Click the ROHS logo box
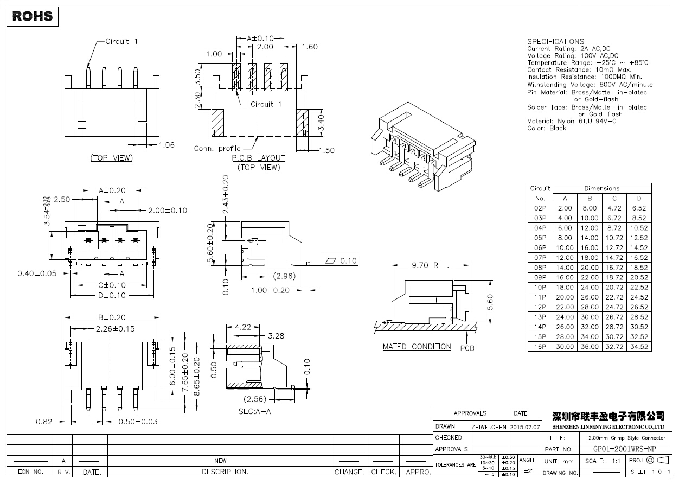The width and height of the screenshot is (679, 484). point(33,16)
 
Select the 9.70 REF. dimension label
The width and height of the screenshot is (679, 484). point(431,265)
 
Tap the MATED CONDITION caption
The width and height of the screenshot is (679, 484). point(417,347)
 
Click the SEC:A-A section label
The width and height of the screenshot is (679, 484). point(254,412)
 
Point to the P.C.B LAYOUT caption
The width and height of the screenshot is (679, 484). point(258,158)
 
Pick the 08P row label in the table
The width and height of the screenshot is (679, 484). point(540,268)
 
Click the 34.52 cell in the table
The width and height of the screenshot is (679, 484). point(639,347)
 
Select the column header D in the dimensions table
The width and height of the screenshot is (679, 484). point(639,198)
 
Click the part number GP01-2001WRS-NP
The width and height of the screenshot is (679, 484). point(625,449)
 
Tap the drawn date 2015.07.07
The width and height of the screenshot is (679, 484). point(526,427)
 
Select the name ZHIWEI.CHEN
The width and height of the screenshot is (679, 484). point(489,427)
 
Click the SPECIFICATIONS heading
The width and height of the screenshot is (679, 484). point(555,41)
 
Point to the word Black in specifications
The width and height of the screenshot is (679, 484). point(558,128)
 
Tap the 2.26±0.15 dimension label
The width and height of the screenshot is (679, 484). point(115,329)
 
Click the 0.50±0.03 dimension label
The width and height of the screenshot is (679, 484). point(138,422)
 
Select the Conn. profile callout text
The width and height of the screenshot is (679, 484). point(217,149)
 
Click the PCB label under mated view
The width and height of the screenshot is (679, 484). point(467,348)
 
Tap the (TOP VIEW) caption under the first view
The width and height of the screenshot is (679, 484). point(111,158)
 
